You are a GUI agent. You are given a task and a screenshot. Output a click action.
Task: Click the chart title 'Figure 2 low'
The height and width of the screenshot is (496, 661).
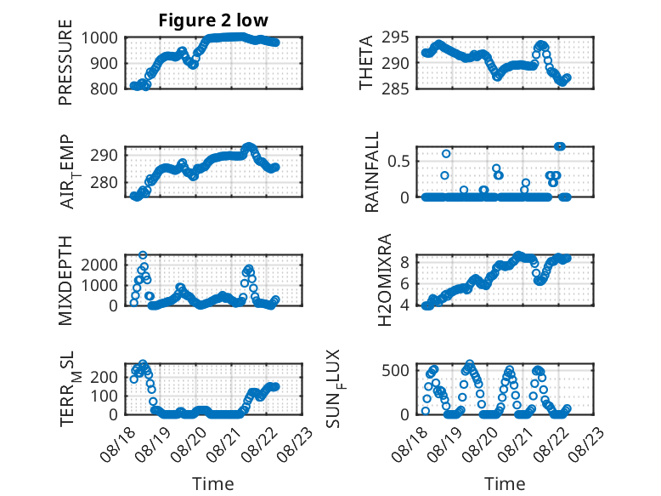click(213, 20)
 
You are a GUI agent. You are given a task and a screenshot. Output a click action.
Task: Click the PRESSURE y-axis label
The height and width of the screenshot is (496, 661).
click(65, 62)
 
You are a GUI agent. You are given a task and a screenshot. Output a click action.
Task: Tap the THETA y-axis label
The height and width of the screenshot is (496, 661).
click(366, 62)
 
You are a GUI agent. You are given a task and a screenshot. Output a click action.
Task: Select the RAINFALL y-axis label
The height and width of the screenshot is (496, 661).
click(372, 172)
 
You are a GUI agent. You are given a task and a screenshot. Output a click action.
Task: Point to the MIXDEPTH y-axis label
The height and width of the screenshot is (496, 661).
click(65, 280)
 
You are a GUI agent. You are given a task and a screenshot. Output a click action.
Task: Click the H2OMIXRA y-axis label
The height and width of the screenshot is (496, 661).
click(385, 280)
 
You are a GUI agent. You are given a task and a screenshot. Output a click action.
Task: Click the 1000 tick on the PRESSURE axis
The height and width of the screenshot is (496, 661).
click(99, 38)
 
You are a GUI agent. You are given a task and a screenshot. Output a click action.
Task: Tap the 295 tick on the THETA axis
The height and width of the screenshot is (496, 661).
click(395, 37)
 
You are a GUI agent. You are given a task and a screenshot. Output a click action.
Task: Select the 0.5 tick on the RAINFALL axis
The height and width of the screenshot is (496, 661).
click(398, 162)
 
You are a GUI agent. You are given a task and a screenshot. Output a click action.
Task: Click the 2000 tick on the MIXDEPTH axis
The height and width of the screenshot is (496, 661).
click(99, 265)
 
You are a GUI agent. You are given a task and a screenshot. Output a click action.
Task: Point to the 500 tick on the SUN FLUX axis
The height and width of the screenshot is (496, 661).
click(395, 371)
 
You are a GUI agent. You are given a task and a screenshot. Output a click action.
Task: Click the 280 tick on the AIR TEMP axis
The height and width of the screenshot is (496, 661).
click(104, 183)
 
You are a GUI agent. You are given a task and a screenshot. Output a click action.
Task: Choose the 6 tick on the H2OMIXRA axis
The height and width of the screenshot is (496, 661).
click(404, 283)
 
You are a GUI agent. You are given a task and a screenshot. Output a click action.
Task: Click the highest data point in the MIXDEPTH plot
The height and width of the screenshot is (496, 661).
click(143, 255)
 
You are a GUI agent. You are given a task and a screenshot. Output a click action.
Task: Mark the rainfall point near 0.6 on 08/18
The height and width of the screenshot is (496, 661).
click(446, 154)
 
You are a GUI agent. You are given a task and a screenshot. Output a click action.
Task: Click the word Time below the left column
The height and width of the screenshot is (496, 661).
click(213, 483)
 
